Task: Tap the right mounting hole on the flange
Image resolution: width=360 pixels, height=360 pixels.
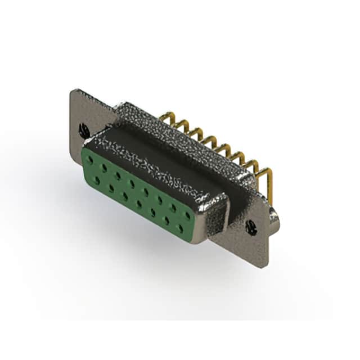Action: point(251,227)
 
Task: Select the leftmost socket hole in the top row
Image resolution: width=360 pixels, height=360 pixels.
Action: point(89,160)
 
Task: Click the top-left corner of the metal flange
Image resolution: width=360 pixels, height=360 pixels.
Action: point(73,90)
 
